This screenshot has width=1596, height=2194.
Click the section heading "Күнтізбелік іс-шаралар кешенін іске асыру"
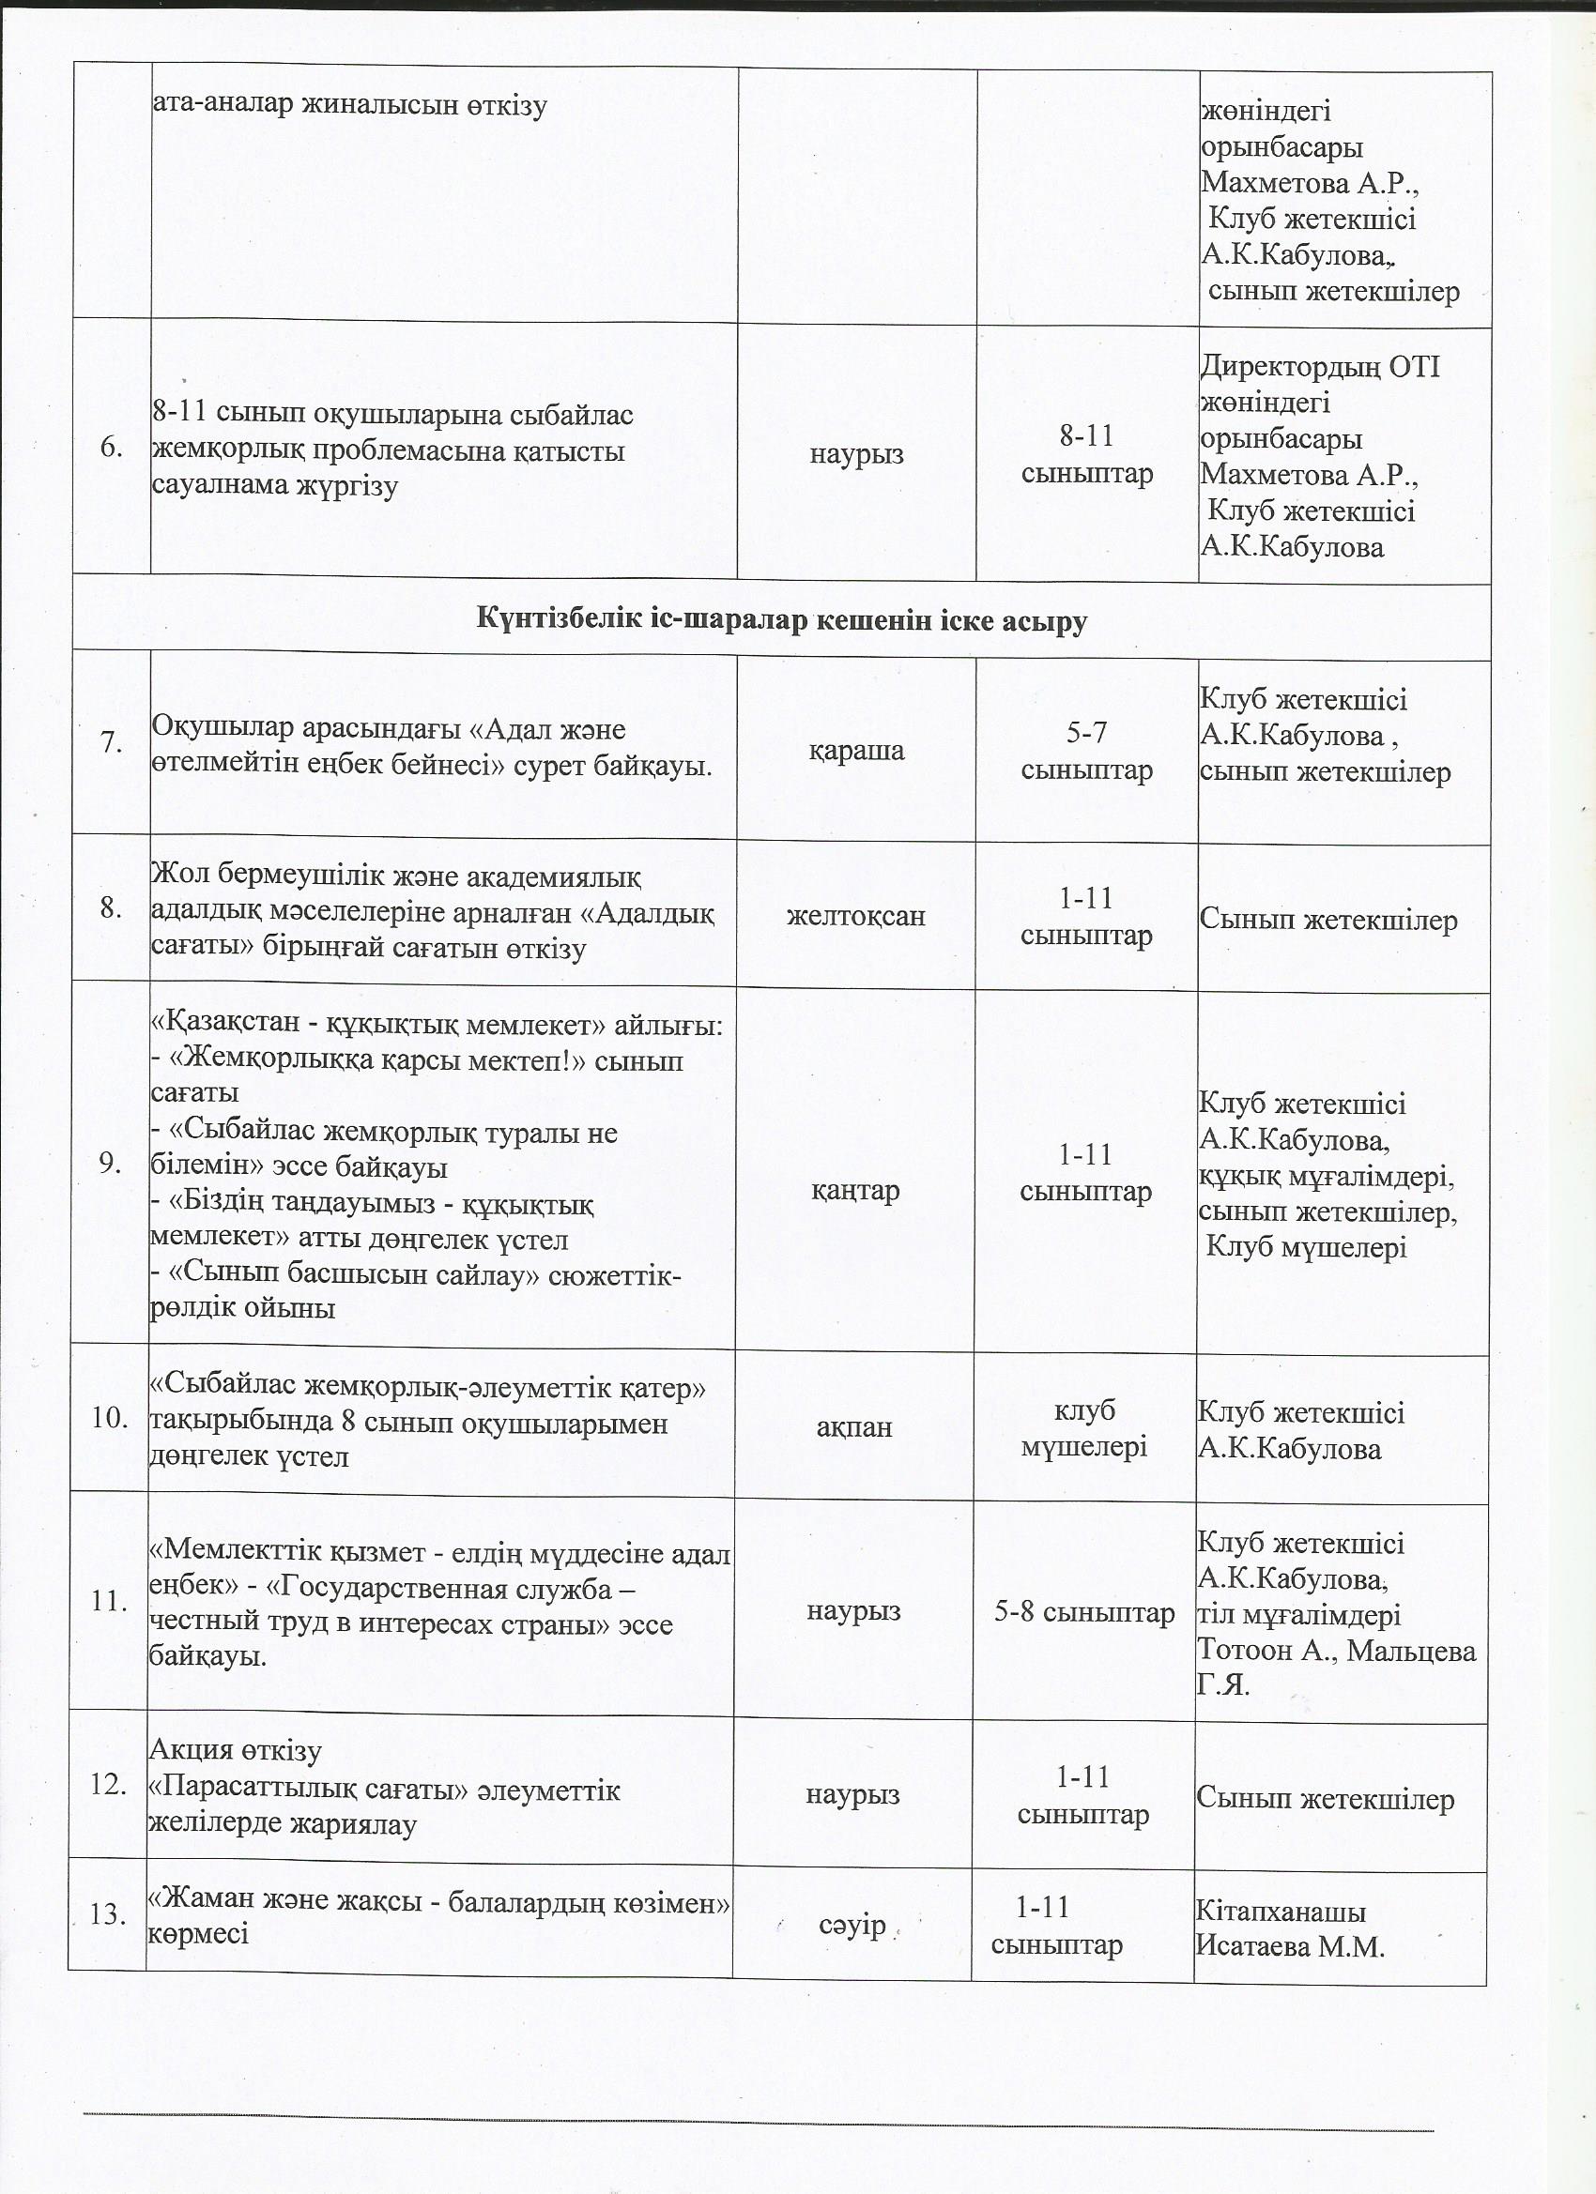781,621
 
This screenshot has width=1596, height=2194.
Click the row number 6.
112,448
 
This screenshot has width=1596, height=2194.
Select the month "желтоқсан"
855,915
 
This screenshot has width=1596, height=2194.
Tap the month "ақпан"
853,1427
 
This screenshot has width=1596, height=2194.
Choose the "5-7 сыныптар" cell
1087,752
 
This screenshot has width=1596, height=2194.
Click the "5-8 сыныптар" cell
1085,1611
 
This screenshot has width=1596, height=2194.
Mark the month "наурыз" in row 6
856,455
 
